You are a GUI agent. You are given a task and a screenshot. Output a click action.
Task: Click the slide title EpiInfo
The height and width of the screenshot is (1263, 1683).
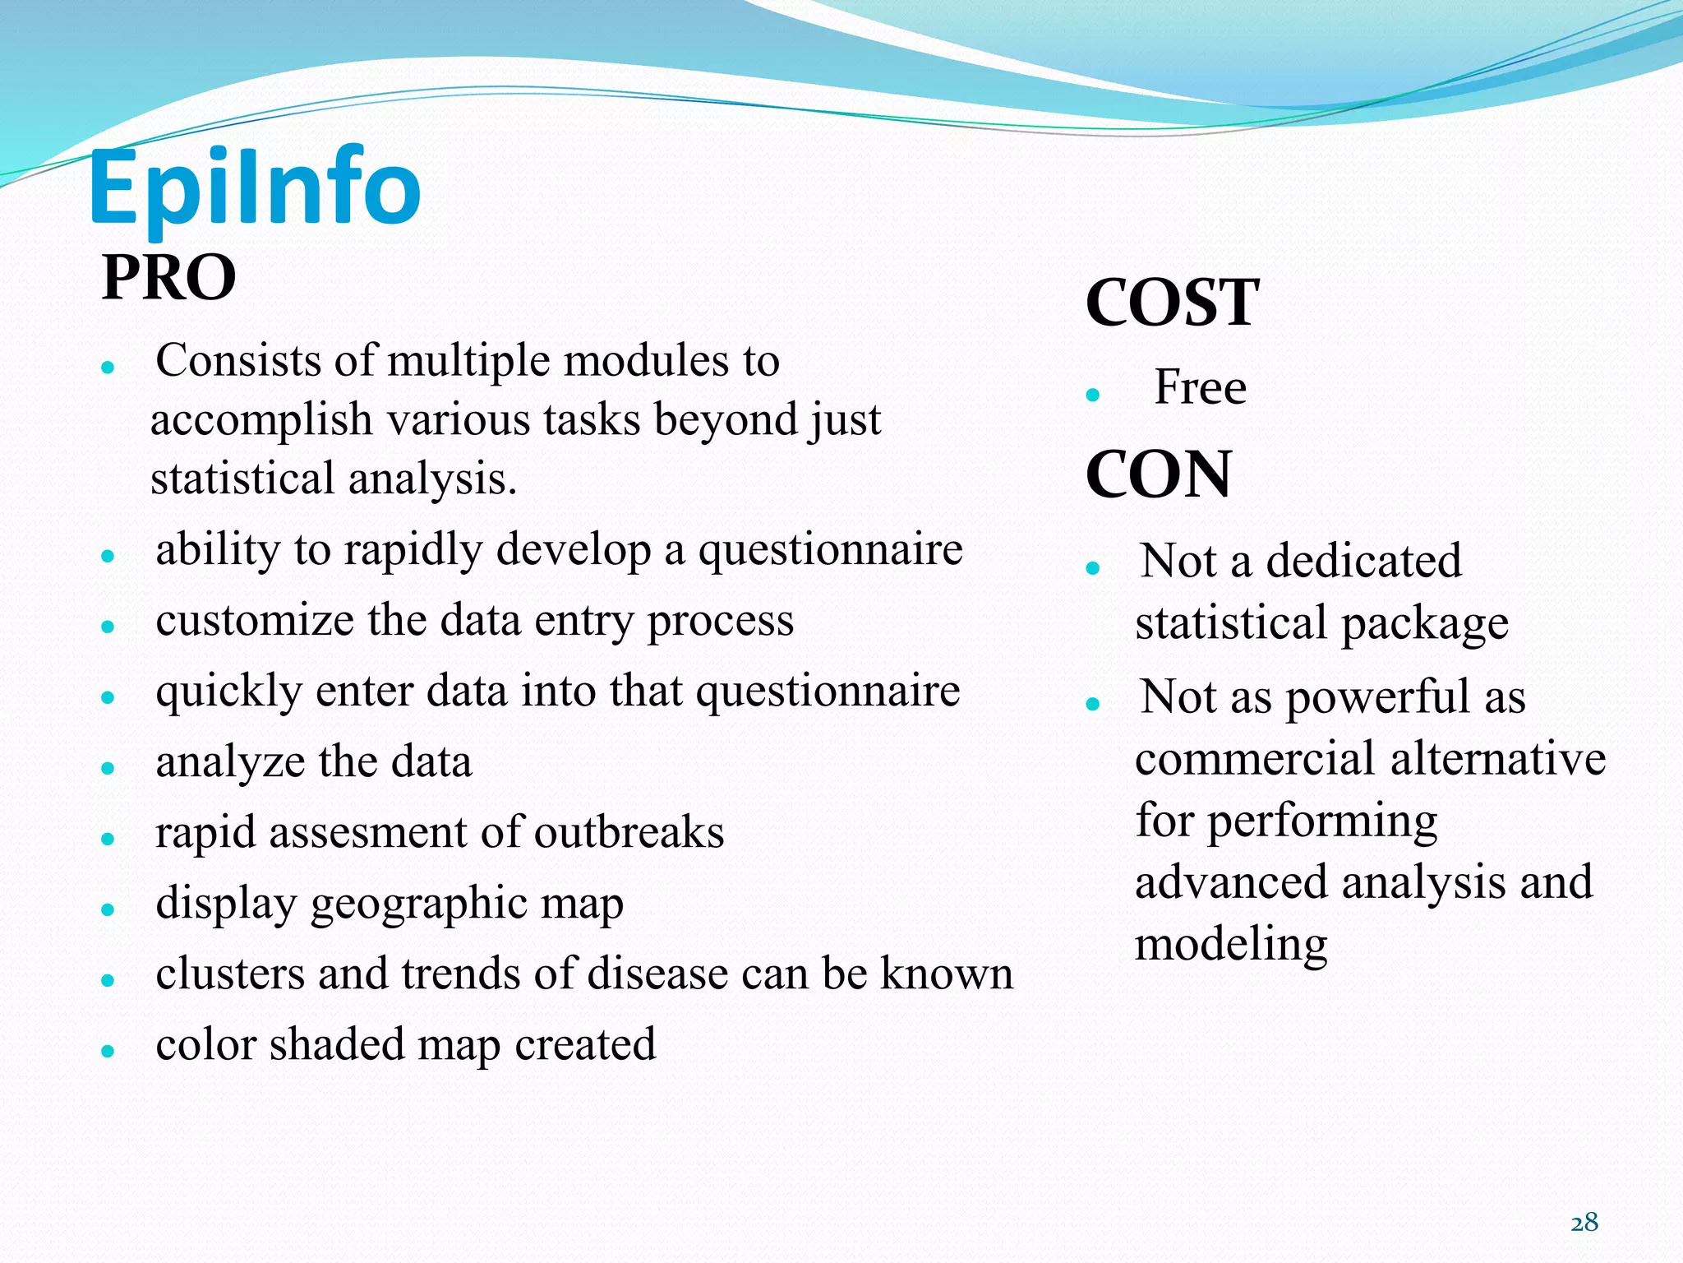point(255,189)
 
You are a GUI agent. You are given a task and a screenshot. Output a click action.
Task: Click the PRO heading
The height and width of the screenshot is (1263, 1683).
point(168,278)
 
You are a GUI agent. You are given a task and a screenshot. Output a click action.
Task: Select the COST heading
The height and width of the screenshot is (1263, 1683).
point(1171,303)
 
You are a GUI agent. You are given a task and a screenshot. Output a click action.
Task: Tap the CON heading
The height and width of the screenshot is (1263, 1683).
point(1158,475)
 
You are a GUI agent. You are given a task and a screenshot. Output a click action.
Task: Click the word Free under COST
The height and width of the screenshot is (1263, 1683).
point(1200,387)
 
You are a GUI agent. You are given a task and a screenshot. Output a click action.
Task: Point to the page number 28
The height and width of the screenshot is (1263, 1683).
point(1584,1223)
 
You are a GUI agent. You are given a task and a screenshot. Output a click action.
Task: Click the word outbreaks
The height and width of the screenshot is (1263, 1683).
point(629,832)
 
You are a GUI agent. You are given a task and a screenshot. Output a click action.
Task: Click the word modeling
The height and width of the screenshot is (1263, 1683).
point(1230,945)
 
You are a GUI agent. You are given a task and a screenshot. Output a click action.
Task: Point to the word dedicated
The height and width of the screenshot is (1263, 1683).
point(1363,562)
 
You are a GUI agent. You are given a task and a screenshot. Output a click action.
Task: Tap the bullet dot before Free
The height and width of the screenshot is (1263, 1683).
point(1092,395)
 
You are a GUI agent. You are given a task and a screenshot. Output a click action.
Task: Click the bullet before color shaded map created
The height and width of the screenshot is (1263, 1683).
point(107,1051)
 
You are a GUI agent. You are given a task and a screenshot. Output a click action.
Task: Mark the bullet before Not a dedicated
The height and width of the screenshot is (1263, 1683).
point(1092,567)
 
